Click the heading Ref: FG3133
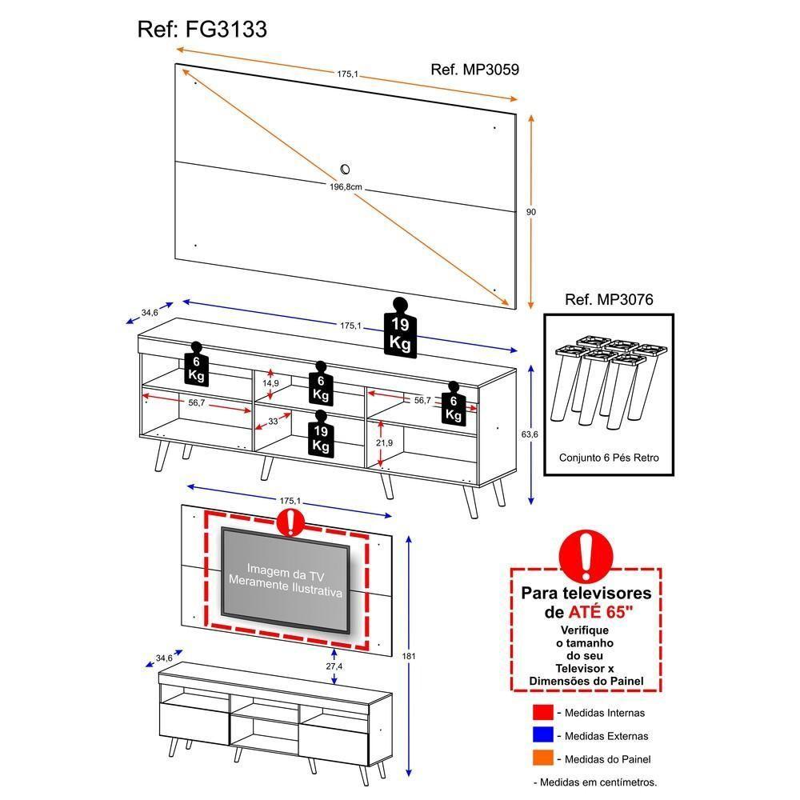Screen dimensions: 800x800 point(202,30)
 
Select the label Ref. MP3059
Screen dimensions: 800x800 point(474,70)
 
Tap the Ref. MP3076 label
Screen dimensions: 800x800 point(609,301)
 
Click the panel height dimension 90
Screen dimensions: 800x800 point(530,212)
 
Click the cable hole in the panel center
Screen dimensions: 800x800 point(345,169)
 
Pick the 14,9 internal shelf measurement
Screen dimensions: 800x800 point(271,383)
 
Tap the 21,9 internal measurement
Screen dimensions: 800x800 point(384,443)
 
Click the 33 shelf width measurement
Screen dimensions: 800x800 point(272,420)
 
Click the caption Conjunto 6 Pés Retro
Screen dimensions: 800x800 point(609,459)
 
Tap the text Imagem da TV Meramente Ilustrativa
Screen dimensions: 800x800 point(285,580)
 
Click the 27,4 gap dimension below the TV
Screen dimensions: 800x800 point(334,666)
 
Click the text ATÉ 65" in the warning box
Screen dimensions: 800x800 point(600,612)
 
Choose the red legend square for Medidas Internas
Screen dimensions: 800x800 point(542,713)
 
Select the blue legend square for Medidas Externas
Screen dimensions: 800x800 point(542,736)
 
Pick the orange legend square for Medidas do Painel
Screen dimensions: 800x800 point(542,759)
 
